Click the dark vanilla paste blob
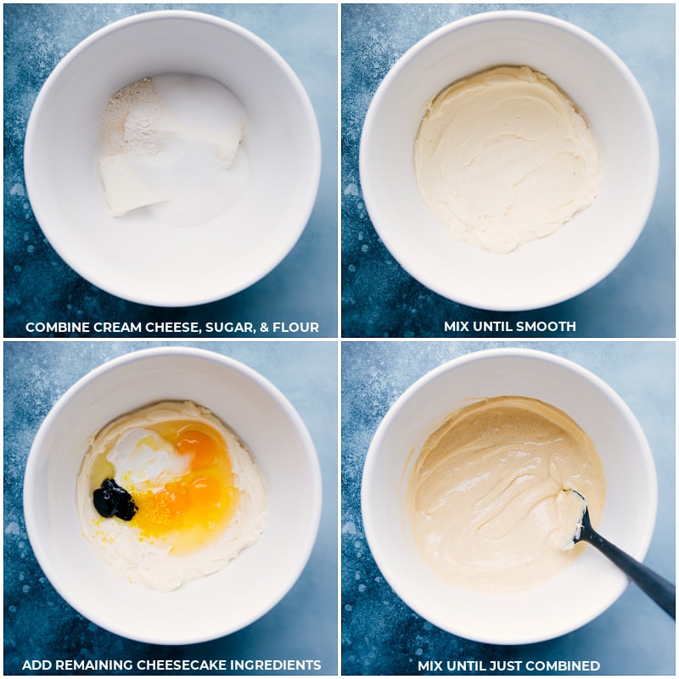115,500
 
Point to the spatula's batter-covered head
568,519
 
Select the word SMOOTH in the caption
548,327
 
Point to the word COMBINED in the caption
567,665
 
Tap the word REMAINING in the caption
93,665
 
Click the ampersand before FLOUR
264,328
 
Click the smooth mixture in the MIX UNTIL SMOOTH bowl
508,160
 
